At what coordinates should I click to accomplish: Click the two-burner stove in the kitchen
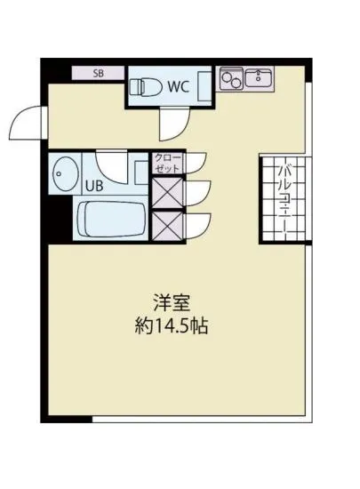(233, 78)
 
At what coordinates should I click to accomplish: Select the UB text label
(93, 187)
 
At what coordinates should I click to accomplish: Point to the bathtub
(113, 220)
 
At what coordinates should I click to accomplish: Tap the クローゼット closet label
(166, 162)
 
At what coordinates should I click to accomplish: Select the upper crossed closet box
(166, 193)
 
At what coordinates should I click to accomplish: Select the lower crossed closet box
(166, 224)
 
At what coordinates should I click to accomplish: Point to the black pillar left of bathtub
(58, 220)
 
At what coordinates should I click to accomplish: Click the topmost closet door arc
(195, 163)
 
